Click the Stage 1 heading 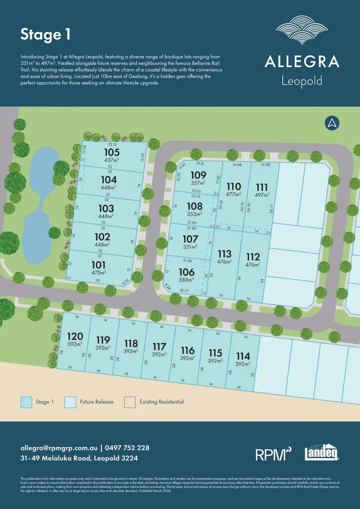45,35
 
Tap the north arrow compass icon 332,123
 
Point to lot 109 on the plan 198,175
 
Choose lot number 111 262,186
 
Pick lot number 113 224,254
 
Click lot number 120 74,336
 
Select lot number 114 243,356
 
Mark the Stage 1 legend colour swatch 27,402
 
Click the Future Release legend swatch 70,402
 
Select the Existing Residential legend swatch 130,402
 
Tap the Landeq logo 321,453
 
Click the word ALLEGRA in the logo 302,62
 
